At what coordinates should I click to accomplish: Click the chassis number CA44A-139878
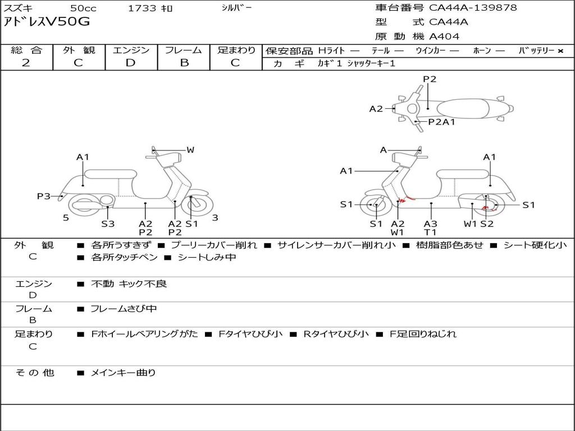[x=473, y=8]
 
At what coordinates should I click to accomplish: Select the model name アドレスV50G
[x=47, y=22]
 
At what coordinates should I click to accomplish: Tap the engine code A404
[x=444, y=36]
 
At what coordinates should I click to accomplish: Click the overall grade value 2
[x=26, y=63]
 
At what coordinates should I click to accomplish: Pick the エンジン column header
[x=131, y=50]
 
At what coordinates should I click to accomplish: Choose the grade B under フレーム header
[x=184, y=63]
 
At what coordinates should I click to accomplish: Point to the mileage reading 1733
[x=142, y=8]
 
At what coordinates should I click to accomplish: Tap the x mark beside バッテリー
[x=560, y=51]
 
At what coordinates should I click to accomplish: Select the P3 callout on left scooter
[x=43, y=196]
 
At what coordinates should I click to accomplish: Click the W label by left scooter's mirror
[x=190, y=149]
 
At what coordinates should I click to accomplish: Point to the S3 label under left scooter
[x=108, y=223]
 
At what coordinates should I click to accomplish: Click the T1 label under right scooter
[x=430, y=232]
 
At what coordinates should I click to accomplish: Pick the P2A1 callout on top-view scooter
[x=441, y=122]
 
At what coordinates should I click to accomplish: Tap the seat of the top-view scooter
[x=463, y=108]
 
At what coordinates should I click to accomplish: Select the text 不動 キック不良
[x=129, y=283]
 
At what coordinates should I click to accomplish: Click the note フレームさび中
[x=124, y=309]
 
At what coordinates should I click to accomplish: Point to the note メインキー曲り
[x=123, y=373]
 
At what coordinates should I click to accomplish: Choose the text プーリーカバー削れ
[x=214, y=245]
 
